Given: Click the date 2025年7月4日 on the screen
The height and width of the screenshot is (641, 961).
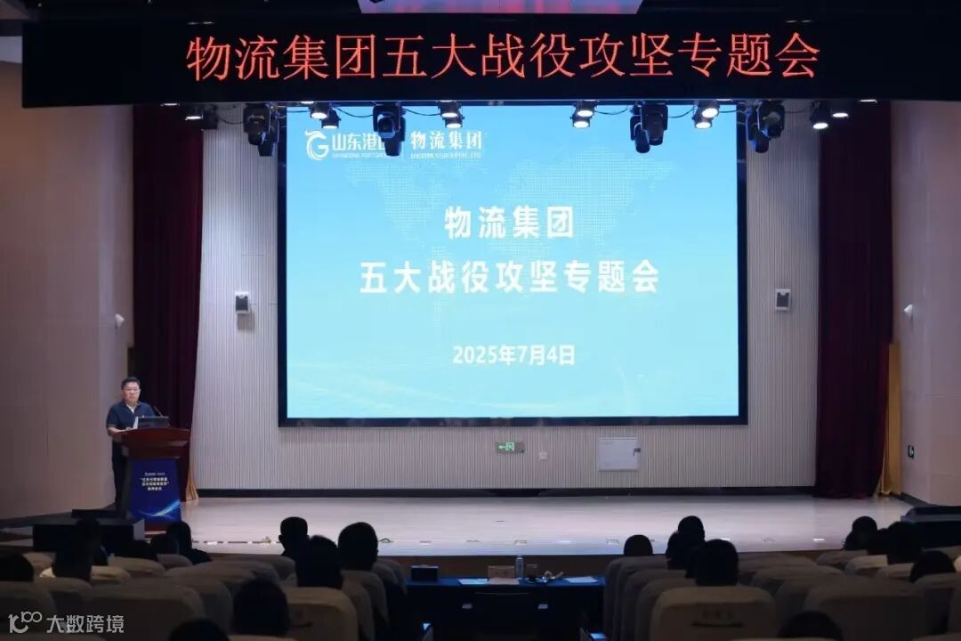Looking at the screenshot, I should [513, 355].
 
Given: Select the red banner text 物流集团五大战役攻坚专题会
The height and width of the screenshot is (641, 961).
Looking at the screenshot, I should [503, 56].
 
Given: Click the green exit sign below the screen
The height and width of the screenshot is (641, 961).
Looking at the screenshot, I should [509, 447].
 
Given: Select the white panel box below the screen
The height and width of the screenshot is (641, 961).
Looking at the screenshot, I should [618, 453].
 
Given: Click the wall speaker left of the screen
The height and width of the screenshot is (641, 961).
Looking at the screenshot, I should [242, 303].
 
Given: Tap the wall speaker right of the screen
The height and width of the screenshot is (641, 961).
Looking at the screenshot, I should [782, 299].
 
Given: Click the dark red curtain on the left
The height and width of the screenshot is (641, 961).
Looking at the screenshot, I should [167, 267].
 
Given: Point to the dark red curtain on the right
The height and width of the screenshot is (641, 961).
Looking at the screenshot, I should [852, 294].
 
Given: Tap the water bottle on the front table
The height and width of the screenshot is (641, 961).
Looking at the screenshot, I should [519, 566].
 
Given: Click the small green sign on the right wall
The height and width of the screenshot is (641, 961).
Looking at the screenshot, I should [910, 451].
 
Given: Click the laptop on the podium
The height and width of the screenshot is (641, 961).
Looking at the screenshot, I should [153, 422].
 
